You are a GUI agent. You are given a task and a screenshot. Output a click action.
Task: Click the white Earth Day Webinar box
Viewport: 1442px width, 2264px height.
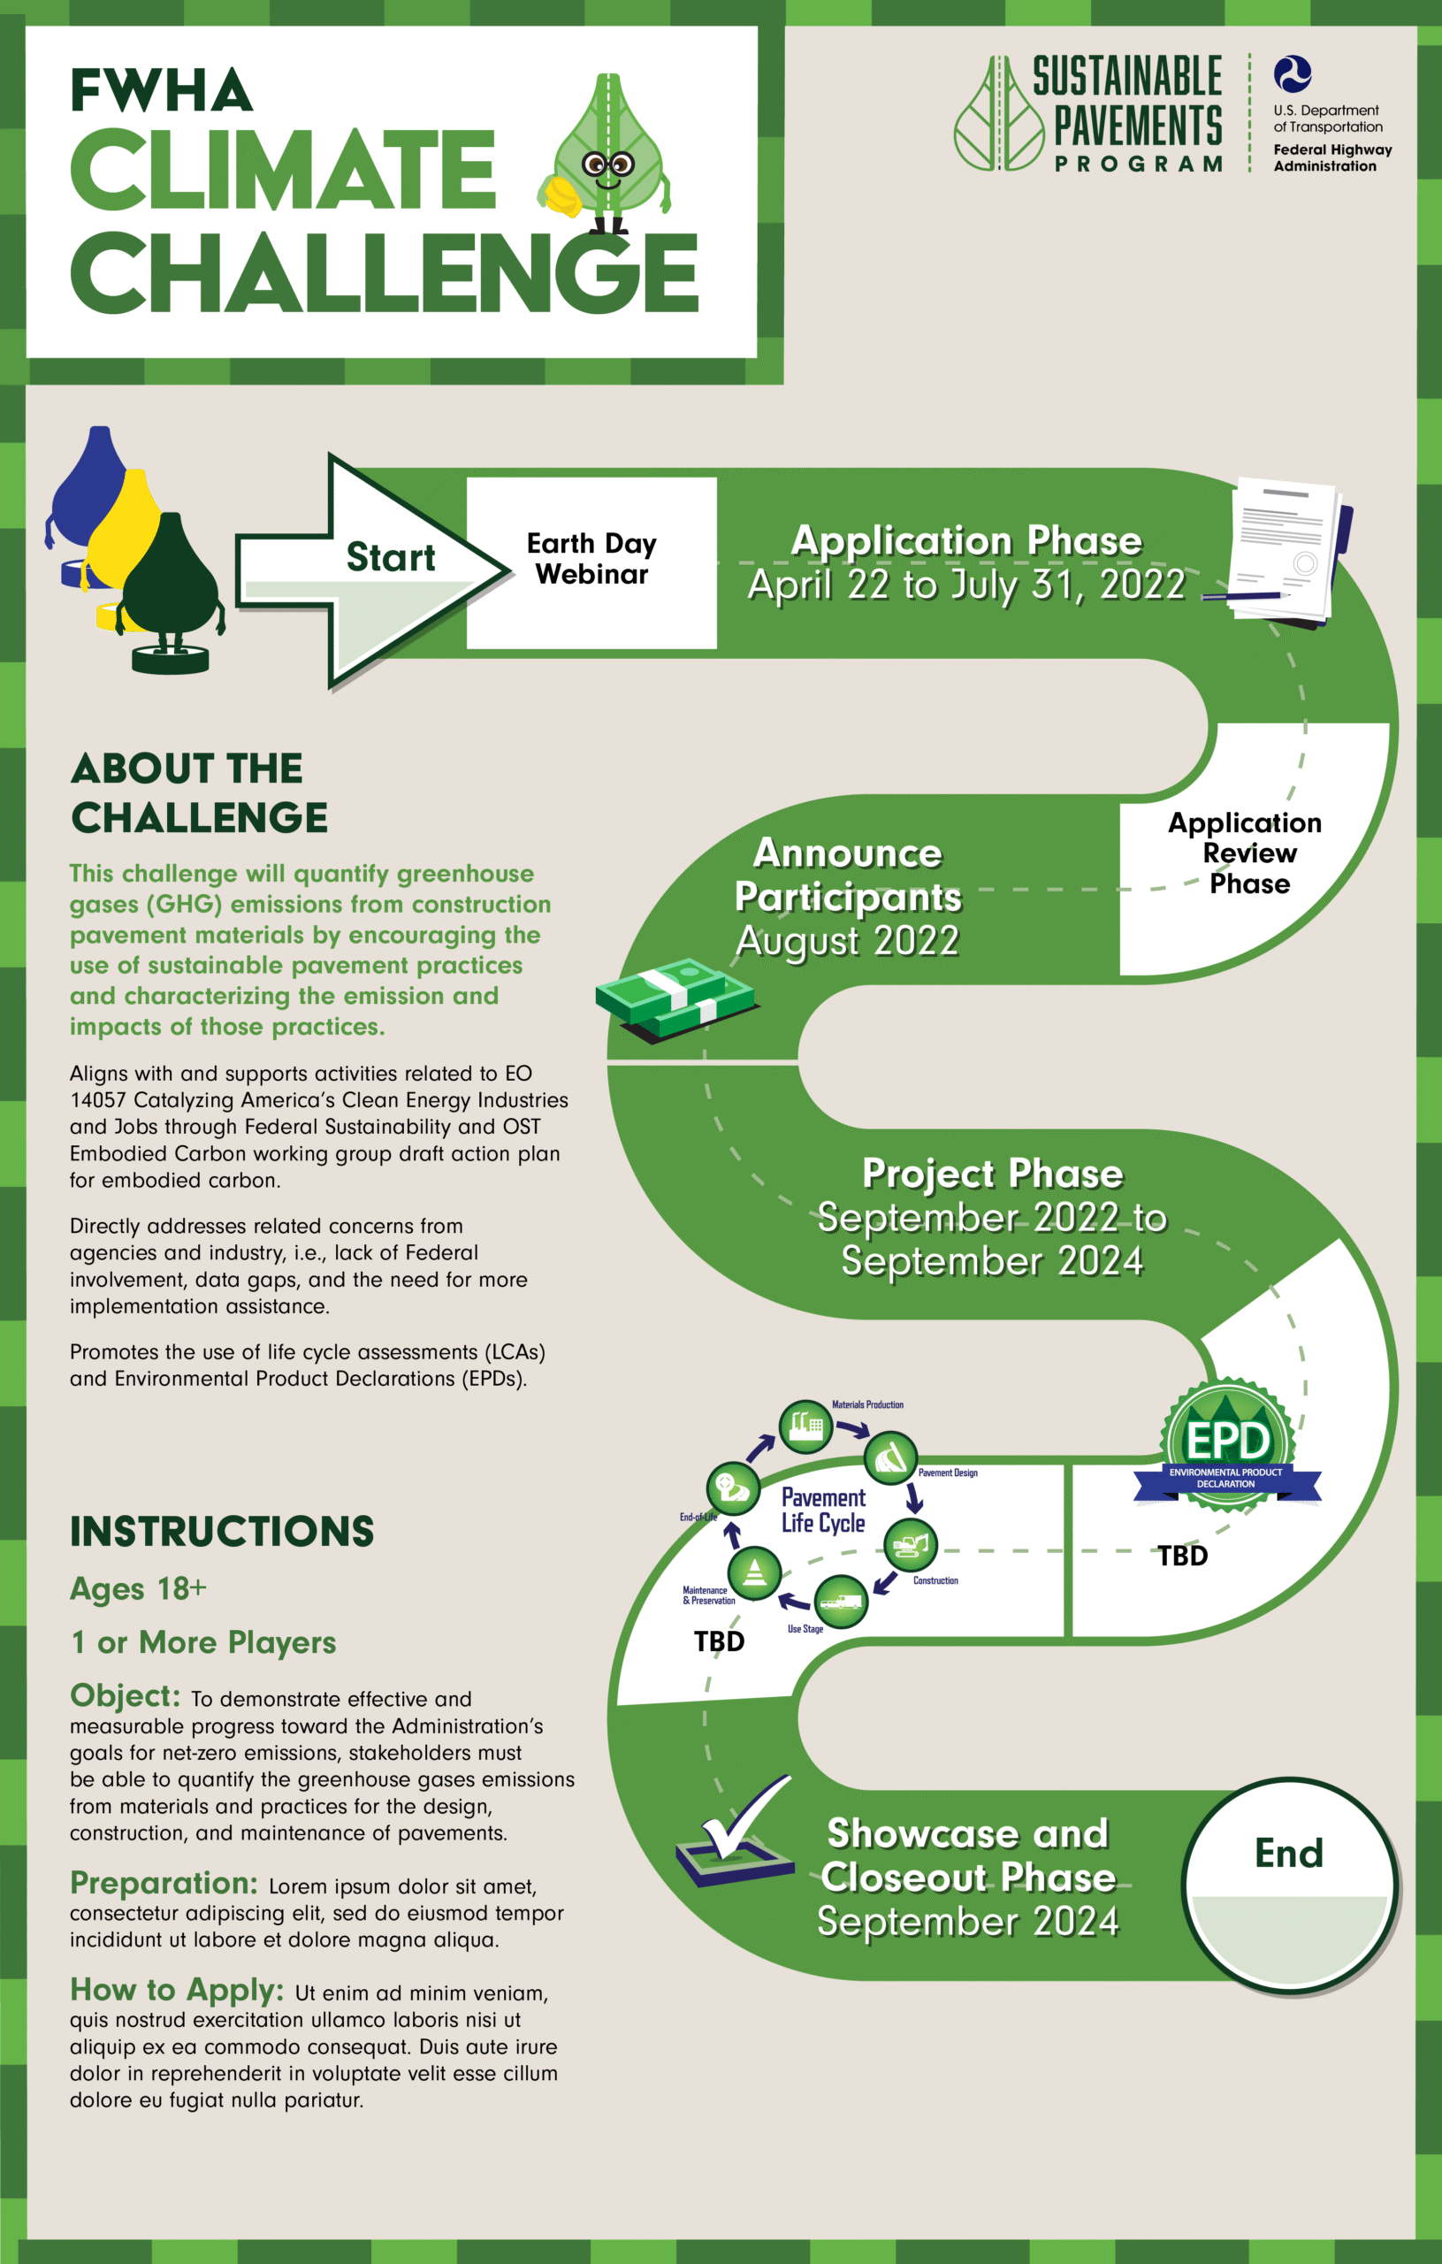click(x=591, y=562)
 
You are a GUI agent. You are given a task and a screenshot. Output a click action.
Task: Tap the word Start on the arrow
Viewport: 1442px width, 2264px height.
click(x=391, y=556)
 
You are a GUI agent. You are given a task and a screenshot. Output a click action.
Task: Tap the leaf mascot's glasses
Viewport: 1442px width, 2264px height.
click(x=607, y=165)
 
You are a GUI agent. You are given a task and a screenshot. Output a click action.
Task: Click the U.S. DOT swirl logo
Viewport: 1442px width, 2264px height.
click(x=1293, y=74)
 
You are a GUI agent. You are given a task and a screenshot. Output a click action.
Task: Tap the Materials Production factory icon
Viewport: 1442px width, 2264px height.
click(x=805, y=1426)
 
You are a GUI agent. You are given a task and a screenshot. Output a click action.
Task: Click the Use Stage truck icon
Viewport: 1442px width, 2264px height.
click(x=841, y=1600)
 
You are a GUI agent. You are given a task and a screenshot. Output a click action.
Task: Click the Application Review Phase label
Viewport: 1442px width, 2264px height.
click(x=1247, y=853)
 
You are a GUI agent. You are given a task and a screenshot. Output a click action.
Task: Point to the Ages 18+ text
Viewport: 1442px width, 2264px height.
click(x=138, y=1588)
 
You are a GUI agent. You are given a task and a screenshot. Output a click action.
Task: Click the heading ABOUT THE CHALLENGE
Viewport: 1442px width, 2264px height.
click(x=199, y=792)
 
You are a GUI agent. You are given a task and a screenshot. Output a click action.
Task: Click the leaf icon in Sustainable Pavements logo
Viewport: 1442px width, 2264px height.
click(x=999, y=114)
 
